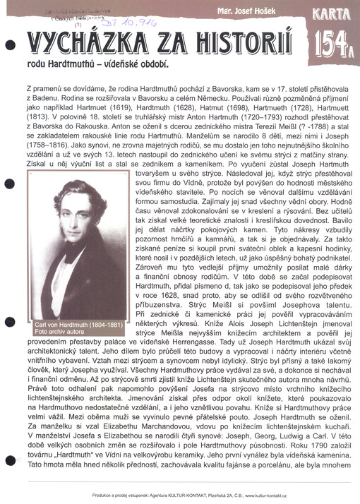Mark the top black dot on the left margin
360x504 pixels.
pos(8,44)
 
